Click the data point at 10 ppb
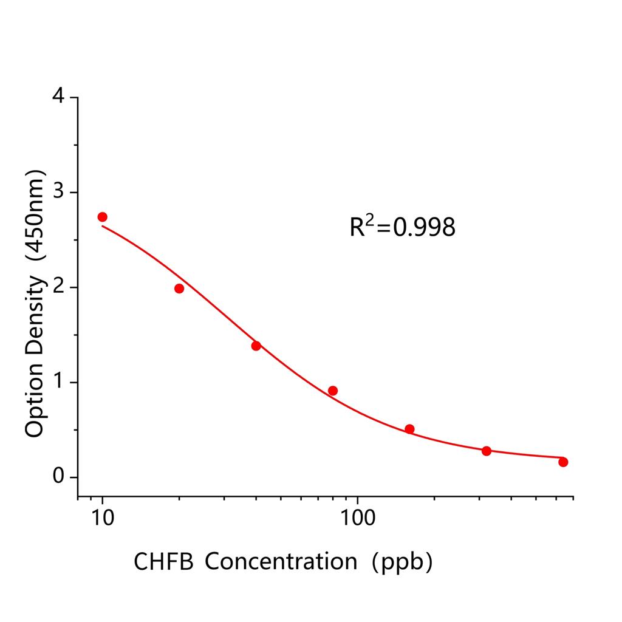(102, 217)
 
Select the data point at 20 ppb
(179, 289)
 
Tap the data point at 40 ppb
(256, 346)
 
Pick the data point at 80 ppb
(332, 391)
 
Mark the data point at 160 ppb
(409, 429)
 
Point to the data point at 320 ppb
(486, 451)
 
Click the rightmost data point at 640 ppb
(563, 462)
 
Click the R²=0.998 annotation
(402, 227)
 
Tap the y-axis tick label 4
(58, 97)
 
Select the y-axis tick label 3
(58, 193)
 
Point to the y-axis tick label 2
(58, 287)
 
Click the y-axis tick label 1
(58, 382)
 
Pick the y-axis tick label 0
(58, 477)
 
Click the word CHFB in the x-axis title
(163, 562)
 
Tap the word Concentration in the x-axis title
(281, 562)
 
